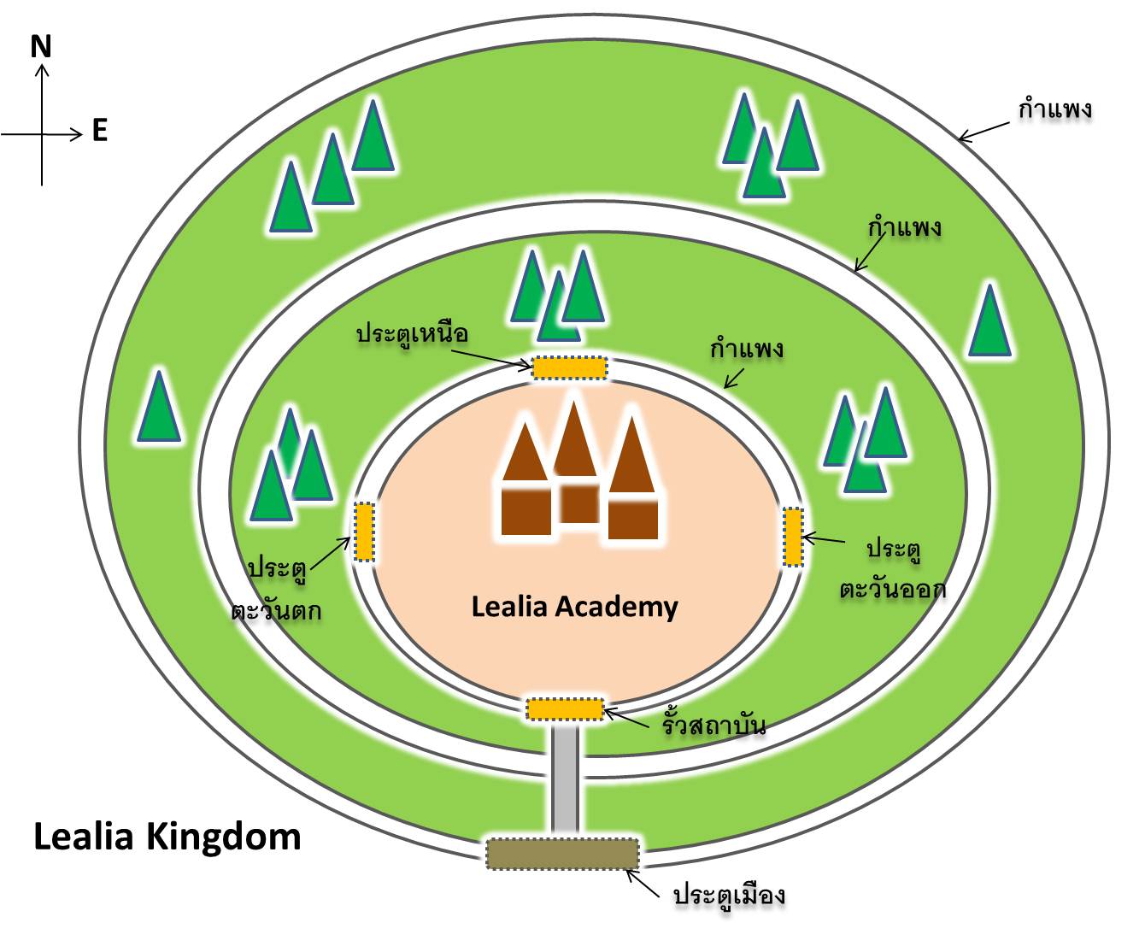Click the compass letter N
click(40, 47)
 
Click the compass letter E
click(99, 131)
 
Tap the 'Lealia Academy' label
click(575, 608)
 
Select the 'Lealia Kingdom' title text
click(167, 837)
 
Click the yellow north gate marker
click(570, 367)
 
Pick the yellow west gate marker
click(363, 532)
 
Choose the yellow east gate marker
click(793, 537)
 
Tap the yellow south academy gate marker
click(566, 709)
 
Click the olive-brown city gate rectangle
click(562, 853)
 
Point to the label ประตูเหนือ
click(413, 333)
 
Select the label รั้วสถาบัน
click(713, 723)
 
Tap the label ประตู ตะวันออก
click(893, 568)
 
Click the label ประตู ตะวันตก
click(276, 590)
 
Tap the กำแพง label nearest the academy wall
click(747, 349)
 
